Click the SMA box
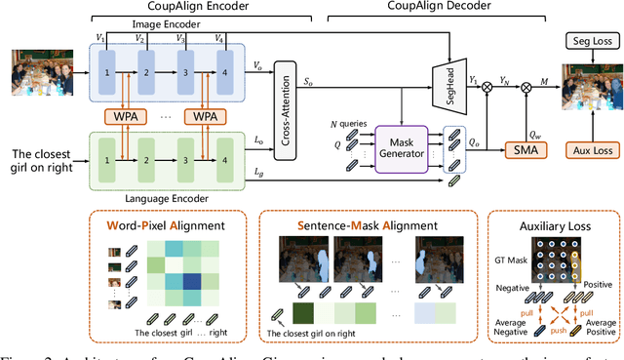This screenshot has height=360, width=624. [527, 149]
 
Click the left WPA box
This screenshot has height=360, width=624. [141, 116]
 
